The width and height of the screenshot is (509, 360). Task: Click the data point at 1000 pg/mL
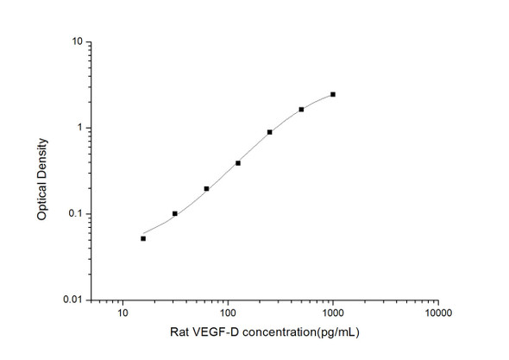(333, 94)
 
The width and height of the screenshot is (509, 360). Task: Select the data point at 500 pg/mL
(301, 110)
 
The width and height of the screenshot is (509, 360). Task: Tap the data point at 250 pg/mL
(270, 132)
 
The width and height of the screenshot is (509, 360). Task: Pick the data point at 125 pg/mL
(238, 162)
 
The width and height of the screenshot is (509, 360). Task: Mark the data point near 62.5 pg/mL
(206, 188)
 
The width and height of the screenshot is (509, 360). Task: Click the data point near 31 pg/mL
(175, 213)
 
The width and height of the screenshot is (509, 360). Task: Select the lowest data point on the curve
(143, 238)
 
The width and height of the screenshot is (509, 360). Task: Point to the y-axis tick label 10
(77, 41)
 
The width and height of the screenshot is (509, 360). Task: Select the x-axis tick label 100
(228, 313)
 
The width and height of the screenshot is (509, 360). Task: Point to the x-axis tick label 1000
(333, 313)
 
